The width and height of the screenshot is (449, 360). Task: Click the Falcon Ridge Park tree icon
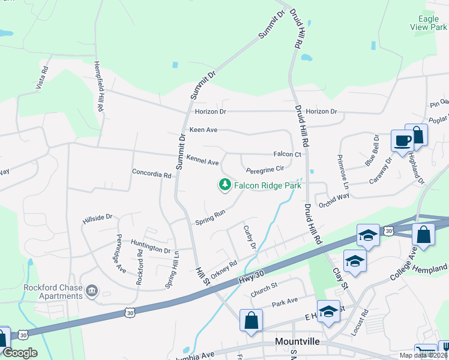click(x=225, y=185)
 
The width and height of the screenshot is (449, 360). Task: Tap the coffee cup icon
click(x=402, y=141)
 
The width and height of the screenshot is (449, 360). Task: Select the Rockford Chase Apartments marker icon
click(x=91, y=292)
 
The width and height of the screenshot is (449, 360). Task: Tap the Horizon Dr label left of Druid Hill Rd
click(x=210, y=112)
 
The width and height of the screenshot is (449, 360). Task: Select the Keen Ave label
click(x=203, y=130)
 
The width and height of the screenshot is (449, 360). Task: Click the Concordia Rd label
click(x=152, y=174)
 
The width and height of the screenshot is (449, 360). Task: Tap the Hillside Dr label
click(x=97, y=218)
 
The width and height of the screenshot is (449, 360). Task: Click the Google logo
click(x=20, y=353)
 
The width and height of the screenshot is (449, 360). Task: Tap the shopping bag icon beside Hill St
click(x=251, y=320)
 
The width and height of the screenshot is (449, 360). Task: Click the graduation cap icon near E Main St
click(x=328, y=311)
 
